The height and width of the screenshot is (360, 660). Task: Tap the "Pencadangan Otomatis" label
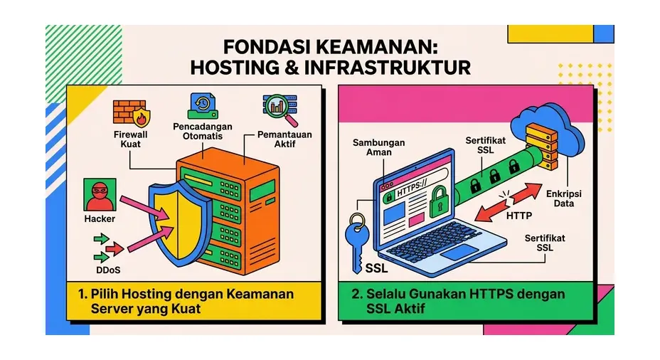point(203,131)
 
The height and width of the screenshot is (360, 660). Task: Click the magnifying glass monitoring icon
point(281,110)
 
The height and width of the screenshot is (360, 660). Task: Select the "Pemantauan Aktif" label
point(284,139)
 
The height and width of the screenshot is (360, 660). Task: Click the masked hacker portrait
point(100,194)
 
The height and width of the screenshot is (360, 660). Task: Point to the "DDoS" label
point(108,270)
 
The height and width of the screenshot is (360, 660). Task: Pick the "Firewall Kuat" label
point(130,139)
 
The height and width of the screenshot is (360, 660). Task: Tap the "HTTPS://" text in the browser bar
point(412,189)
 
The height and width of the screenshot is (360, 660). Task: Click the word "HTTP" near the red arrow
point(519,216)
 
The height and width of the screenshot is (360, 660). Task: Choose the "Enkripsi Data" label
point(563,198)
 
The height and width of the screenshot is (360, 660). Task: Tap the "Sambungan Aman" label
point(379,147)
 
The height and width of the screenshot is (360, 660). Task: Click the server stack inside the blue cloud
point(542,146)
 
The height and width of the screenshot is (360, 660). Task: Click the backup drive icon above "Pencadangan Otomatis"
point(203,106)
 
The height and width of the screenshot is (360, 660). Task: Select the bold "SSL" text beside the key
point(376,268)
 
